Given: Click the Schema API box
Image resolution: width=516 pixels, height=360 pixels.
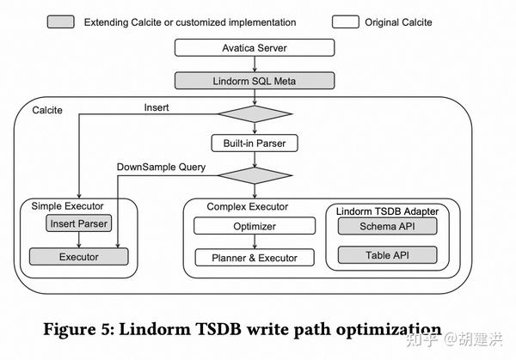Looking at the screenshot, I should pos(387,226).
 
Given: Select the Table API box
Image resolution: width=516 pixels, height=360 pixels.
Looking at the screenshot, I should pos(387,255).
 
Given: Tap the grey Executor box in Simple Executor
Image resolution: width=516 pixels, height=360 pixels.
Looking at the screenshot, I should pos(78,257).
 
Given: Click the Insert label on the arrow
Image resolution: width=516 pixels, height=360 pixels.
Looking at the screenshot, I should pos(157,107).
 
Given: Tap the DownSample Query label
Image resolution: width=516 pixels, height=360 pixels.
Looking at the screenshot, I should pos(161,167).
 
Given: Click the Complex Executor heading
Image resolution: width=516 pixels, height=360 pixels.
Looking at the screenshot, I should pos(248,207).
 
